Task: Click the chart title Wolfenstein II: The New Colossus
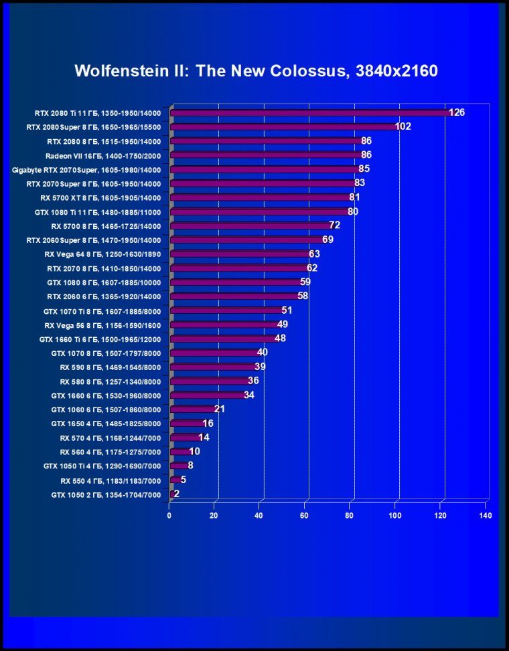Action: tap(256, 71)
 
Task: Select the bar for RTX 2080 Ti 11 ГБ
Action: tap(311, 112)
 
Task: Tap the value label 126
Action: tap(457, 112)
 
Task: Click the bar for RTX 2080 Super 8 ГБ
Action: tap(285, 126)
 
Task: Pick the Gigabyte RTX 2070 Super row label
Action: tap(86, 169)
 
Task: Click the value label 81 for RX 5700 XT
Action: tap(355, 197)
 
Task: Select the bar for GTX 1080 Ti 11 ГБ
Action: tap(260, 211)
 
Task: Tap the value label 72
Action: tap(335, 225)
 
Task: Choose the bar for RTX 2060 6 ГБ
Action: tap(235, 296)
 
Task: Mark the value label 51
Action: tap(287, 310)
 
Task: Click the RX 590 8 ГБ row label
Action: tap(111, 367)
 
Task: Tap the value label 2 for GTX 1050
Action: tap(176, 494)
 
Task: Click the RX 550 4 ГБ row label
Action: tap(111, 480)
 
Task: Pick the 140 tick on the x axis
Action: tap(486, 516)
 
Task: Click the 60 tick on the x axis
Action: tap(305, 516)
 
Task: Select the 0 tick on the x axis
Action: tap(169, 516)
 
